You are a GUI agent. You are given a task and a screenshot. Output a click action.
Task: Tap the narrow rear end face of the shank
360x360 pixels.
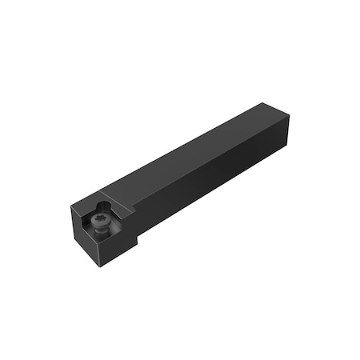[x=284, y=132]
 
